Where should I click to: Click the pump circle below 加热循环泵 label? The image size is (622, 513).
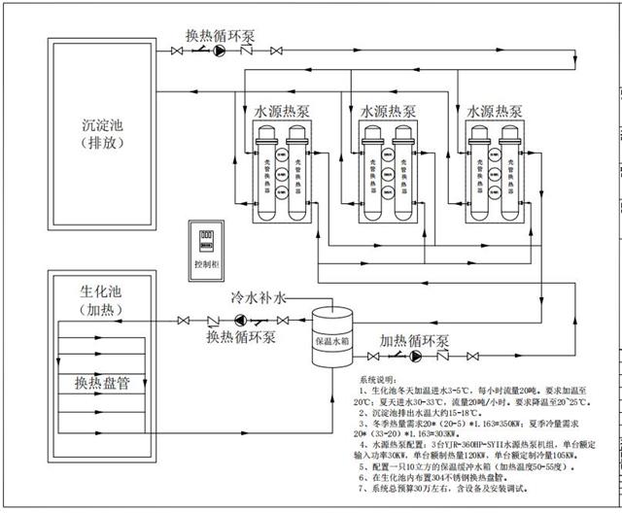coord(417,357)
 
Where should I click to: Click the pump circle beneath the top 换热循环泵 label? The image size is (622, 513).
coord(221,51)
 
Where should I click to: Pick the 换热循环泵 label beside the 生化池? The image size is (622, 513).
coord(241,337)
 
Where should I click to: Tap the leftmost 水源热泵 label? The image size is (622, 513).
coord(282,112)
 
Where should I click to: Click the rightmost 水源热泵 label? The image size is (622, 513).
coord(494,112)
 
